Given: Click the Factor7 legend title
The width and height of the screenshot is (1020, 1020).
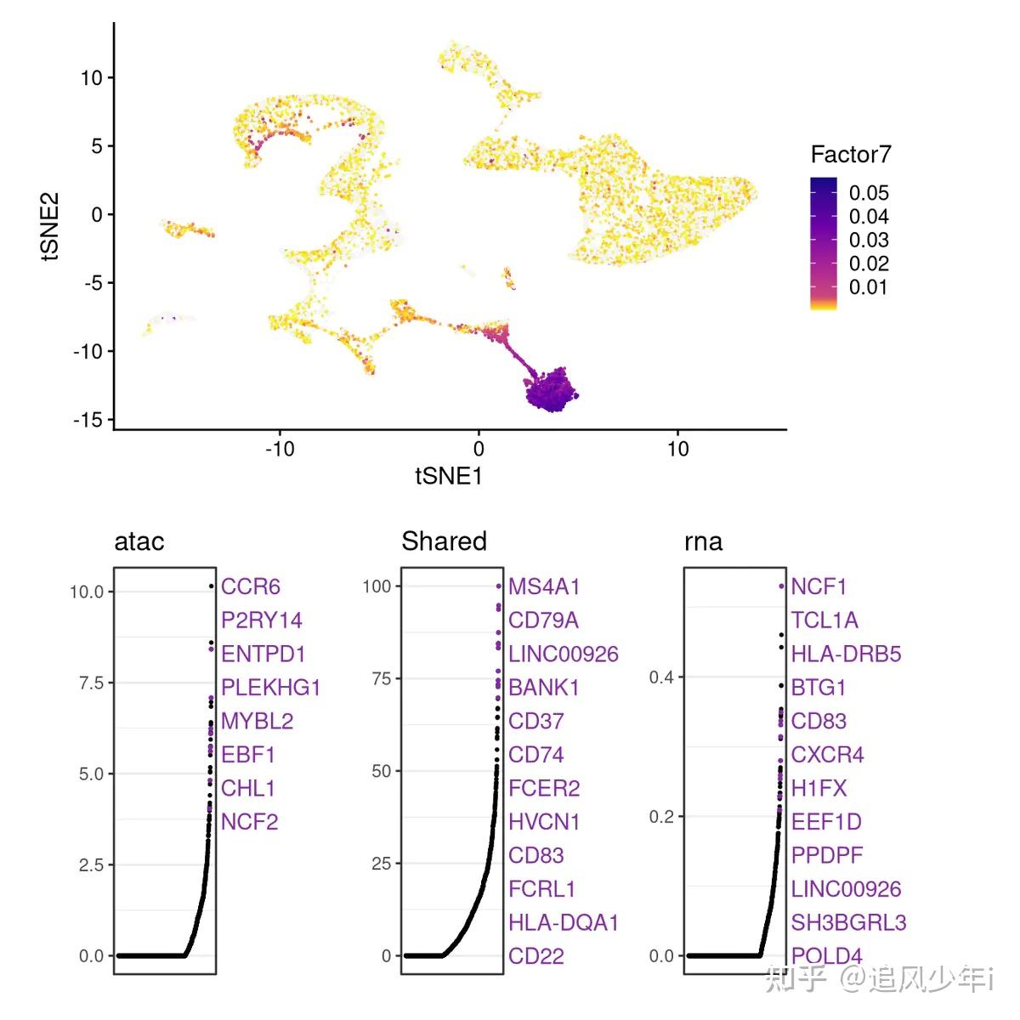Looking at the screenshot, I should click(850, 155).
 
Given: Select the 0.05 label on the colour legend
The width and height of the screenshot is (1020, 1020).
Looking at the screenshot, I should click(868, 193).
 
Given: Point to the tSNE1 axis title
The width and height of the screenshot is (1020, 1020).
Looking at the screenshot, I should click(449, 476).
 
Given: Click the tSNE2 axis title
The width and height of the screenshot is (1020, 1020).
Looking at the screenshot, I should click(50, 226).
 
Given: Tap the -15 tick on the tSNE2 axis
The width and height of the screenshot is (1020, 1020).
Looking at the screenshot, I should click(88, 420).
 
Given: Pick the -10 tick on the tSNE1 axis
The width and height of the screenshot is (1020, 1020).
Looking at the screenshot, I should click(279, 449).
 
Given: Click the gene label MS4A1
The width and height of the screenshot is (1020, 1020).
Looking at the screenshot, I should click(544, 586).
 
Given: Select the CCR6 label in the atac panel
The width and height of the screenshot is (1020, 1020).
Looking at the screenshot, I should click(250, 586).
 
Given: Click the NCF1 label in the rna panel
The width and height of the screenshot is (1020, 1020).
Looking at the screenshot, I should click(819, 586).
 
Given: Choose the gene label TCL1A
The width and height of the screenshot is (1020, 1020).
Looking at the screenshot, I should click(824, 620).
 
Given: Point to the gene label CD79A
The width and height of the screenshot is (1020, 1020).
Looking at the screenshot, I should click(543, 620).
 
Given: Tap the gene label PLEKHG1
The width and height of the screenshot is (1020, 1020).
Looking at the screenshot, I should click(270, 688).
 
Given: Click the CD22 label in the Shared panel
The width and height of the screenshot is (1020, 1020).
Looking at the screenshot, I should click(535, 956).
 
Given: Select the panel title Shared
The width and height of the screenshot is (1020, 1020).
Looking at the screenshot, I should click(444, 541).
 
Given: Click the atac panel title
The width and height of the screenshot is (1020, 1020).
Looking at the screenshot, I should click(139, 541).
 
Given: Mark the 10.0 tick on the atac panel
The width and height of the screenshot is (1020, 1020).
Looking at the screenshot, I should click(86, 592).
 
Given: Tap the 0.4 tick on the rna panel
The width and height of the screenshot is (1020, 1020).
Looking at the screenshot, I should click(661, 677).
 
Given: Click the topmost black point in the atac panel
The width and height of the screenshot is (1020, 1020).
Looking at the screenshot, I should click(211, 586).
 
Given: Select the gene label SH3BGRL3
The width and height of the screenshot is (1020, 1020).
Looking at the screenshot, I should click(848, 922).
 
